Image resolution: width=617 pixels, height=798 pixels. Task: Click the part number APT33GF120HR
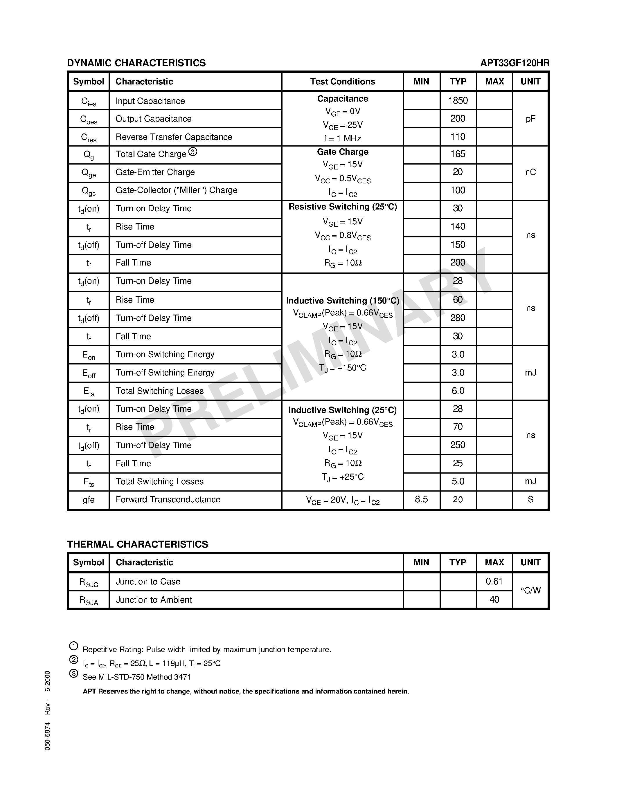(515, 63)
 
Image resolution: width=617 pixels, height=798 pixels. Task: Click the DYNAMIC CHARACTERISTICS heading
(136, 63)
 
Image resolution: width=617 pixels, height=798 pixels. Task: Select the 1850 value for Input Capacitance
(458, 100)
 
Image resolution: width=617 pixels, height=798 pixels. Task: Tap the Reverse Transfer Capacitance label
(174, 137)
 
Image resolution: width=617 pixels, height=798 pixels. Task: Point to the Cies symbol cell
(89, 101)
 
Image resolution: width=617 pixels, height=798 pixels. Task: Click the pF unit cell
(530, 119)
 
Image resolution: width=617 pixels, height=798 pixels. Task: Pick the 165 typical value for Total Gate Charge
(458, 154)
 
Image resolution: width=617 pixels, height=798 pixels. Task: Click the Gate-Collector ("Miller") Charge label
(176, 190)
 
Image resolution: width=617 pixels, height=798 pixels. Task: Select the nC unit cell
(530, 172)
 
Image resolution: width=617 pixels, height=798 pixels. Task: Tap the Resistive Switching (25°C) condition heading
(343, 207)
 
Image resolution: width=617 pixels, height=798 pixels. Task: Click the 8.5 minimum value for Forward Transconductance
(421, 499)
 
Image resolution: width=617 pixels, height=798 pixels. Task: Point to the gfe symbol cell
(89, 500)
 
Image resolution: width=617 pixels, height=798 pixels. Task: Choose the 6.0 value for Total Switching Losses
(458, 391)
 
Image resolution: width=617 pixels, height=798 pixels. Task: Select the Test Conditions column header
(343, 82)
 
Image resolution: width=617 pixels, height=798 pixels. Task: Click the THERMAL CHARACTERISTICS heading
(137, 544)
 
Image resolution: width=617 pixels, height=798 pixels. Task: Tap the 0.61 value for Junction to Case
(494, 581)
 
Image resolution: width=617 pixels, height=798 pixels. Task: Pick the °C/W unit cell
(530, 591)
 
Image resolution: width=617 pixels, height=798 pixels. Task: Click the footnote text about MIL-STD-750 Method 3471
(137, 677)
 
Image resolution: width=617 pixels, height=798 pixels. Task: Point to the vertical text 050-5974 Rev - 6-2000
(48, 710)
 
